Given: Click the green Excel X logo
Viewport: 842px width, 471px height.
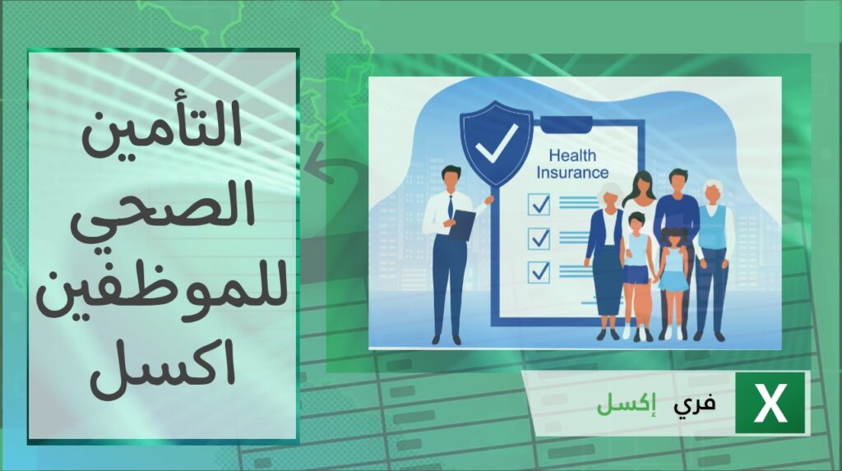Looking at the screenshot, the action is click(x=770, y=402).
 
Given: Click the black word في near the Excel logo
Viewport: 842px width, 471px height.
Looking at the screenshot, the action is click(x=695, y=404).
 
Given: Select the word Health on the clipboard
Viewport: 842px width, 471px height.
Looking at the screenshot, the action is click(x=572, y=155).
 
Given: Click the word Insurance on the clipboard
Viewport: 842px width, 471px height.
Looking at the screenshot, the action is click(x=572, y=173).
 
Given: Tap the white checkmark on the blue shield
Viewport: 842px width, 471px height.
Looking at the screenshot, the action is click(x=497, y=143).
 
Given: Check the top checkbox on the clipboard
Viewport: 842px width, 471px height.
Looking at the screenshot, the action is click(x=539, y=204).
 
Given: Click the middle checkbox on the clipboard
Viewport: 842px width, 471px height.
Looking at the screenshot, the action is click(x=539, y=238).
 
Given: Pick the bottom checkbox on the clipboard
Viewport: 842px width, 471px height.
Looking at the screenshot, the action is click(x=539, y=272).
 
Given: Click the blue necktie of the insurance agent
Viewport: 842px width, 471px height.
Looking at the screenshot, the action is click(x=451, y=207).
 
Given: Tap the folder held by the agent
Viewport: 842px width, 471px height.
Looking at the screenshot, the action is click(x=462, y=225).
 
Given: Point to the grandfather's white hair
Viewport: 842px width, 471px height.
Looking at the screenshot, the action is click(x=714, y=185).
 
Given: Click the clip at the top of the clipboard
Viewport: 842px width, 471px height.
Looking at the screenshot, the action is click(x=567, y=125).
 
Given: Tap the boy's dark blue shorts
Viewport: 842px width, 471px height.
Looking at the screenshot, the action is click(x=636, y=275).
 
